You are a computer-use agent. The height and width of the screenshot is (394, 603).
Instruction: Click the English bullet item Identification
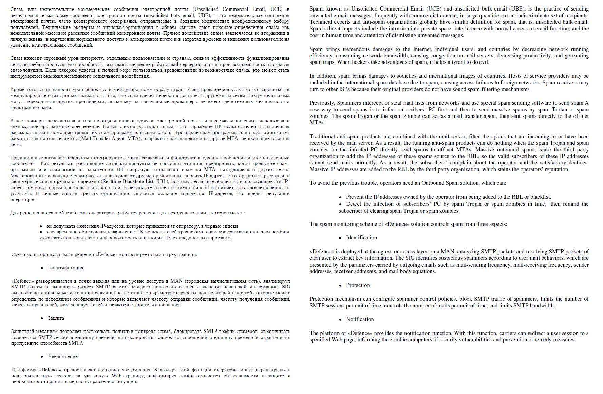[x=361, y=238]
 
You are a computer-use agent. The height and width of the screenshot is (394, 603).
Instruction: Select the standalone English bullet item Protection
[x=358, y=285]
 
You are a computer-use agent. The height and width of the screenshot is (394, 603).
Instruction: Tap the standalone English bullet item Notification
[x=360, y=319]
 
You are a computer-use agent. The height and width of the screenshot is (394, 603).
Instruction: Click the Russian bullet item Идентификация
[x=65, y=268]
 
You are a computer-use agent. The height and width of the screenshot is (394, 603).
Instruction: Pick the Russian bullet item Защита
[x=56, y=318]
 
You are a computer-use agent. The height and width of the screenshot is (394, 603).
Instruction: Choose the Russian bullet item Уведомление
[x=63, y=357]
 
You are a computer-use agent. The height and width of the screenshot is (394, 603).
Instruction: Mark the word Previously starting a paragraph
[x=322, y=103]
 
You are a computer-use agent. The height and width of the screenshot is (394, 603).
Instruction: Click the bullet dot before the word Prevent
[x=340, y=197]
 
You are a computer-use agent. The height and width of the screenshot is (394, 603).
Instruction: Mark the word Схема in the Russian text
[x=18, y=255]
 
